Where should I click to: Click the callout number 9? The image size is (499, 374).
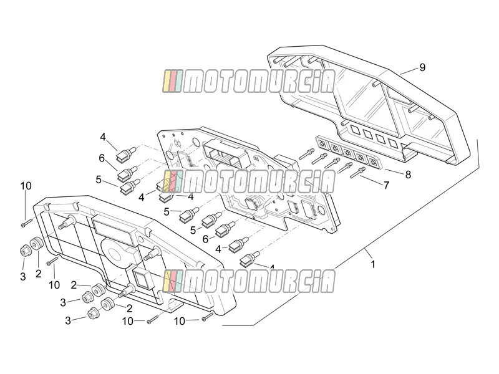click(x=422, y=67)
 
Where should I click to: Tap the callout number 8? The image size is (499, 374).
click(x=408, y=175)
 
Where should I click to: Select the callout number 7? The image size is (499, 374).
click(x=386, y=185)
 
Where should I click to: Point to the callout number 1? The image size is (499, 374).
click(x=373, y=264)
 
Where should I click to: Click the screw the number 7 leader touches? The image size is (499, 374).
click(x=357, y=172)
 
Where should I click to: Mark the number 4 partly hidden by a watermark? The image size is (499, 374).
click(x=272, y=267)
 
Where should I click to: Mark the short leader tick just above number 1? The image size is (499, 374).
click(x=368, y=253)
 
